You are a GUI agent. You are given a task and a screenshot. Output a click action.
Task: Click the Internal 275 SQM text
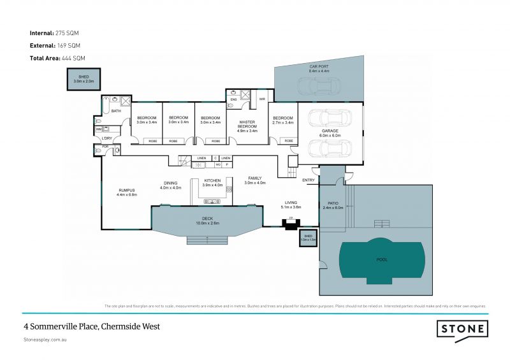[x=54, y=32]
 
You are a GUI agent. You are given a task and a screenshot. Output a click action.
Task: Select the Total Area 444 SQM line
[x=57, y=58]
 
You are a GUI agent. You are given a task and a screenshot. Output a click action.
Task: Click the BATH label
[x=116, y=112]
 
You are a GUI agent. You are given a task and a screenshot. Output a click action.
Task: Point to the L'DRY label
[x=106, y=138]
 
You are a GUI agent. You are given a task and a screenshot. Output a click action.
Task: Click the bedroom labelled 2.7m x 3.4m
[x=282, y=121]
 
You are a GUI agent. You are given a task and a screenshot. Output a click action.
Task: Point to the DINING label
[x=171, y=185]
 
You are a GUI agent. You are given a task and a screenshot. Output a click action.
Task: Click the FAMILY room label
[x=254, y=180]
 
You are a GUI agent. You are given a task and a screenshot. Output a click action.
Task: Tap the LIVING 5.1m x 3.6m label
[x=291, y=205]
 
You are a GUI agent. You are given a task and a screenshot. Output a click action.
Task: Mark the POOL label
[x=382, y=259]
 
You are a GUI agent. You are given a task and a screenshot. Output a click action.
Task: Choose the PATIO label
[x=333, y=205]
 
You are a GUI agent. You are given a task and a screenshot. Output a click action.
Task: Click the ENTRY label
[x=309, y=180]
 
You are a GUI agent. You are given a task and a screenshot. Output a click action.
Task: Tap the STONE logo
[x=462, y=329]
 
